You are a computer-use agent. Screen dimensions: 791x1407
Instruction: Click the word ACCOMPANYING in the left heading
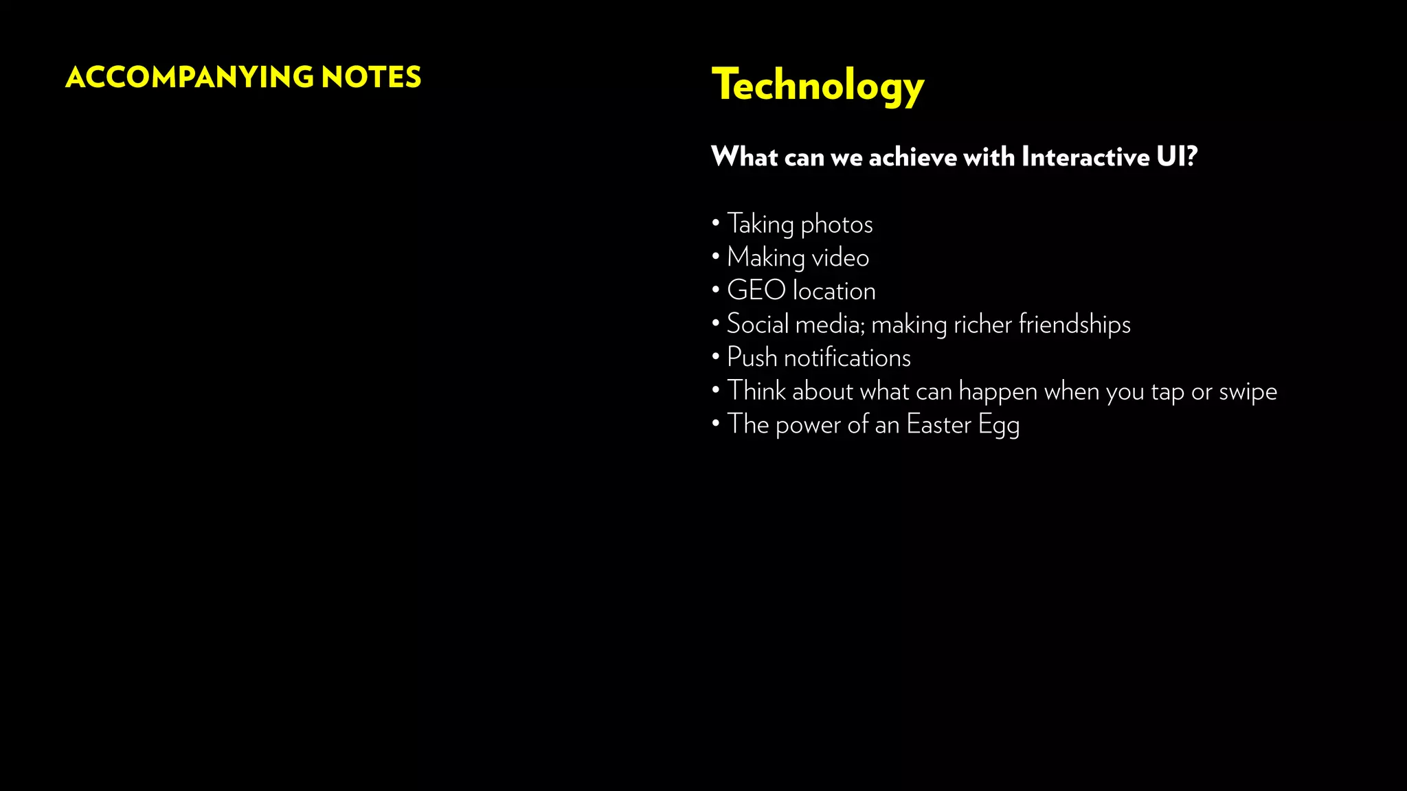[x=189, y=77]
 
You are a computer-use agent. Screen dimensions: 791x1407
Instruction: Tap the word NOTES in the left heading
[x=371, y=77]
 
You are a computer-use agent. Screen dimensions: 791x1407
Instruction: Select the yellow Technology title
[x=818, y=85]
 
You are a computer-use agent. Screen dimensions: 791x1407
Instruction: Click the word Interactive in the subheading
[x=1085, y=157]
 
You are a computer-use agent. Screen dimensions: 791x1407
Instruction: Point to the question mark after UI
[x=1191, y=157]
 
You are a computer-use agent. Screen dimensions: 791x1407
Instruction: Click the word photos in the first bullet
[x=836, y=225]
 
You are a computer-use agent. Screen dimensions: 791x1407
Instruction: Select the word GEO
[x=756, y=290]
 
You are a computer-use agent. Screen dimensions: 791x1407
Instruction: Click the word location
[x=834, y=291]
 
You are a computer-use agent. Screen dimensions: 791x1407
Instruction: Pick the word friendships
[x=1074, y=325]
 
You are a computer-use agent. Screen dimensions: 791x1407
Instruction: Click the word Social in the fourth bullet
[x=757, y=324]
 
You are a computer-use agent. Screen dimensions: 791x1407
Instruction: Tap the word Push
[x=752, y=358]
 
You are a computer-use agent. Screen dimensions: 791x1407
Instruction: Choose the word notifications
[x=847, y=358]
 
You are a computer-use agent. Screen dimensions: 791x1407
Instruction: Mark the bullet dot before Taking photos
[x=716, y=222]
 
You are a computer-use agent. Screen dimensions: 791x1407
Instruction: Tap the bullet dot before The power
[x=716, y=423]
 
